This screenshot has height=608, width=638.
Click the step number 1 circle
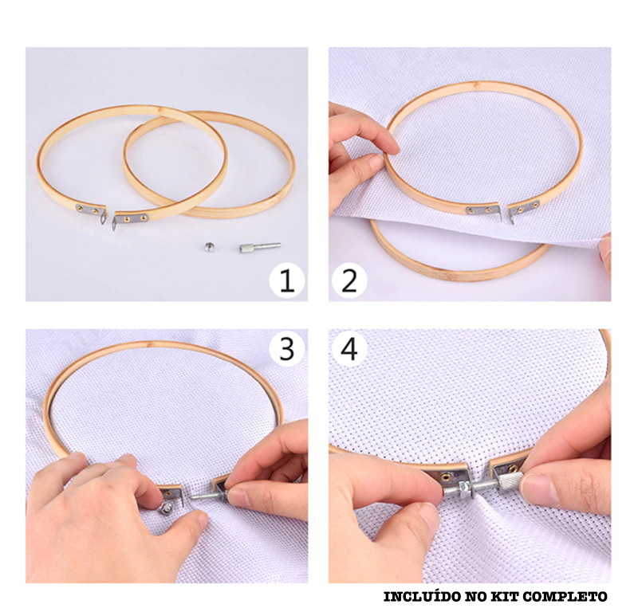[287, 281]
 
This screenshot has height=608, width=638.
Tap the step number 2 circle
[349, 281]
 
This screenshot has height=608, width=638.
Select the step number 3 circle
[287, 348]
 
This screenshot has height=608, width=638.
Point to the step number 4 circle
[349, 348]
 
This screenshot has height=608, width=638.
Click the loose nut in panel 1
[209, 247]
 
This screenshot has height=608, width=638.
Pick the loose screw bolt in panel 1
[260, 247]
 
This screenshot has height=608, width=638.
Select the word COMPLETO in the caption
[565, 597]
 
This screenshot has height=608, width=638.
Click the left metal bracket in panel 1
[93, 211]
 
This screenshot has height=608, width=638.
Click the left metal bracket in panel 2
[484, 210]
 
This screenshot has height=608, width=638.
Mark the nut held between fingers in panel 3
[167, 508]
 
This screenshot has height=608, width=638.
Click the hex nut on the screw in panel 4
[466, 486]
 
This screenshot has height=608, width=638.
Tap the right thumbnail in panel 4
[537, 485]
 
